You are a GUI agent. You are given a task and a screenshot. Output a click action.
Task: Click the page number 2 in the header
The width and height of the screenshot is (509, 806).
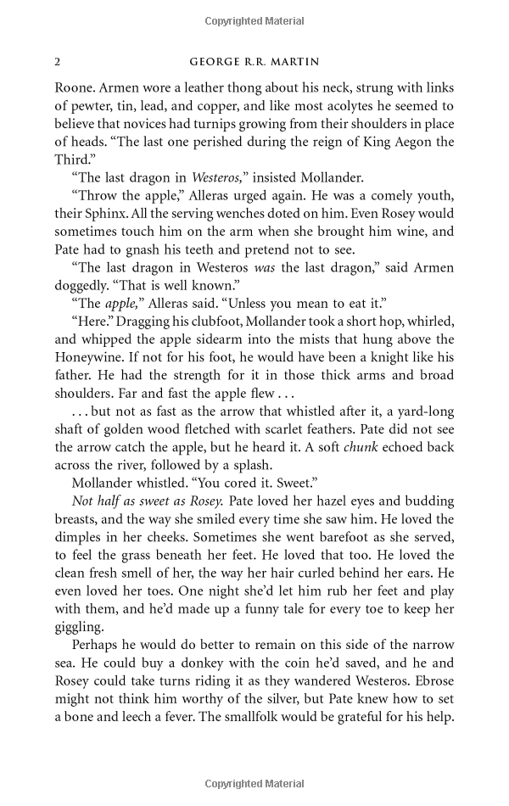(x=57, y=62)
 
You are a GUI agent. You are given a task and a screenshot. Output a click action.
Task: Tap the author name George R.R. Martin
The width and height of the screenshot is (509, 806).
(x=254, y=62)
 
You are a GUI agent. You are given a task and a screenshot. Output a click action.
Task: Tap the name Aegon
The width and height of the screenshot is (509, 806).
(x=413, y=142)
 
